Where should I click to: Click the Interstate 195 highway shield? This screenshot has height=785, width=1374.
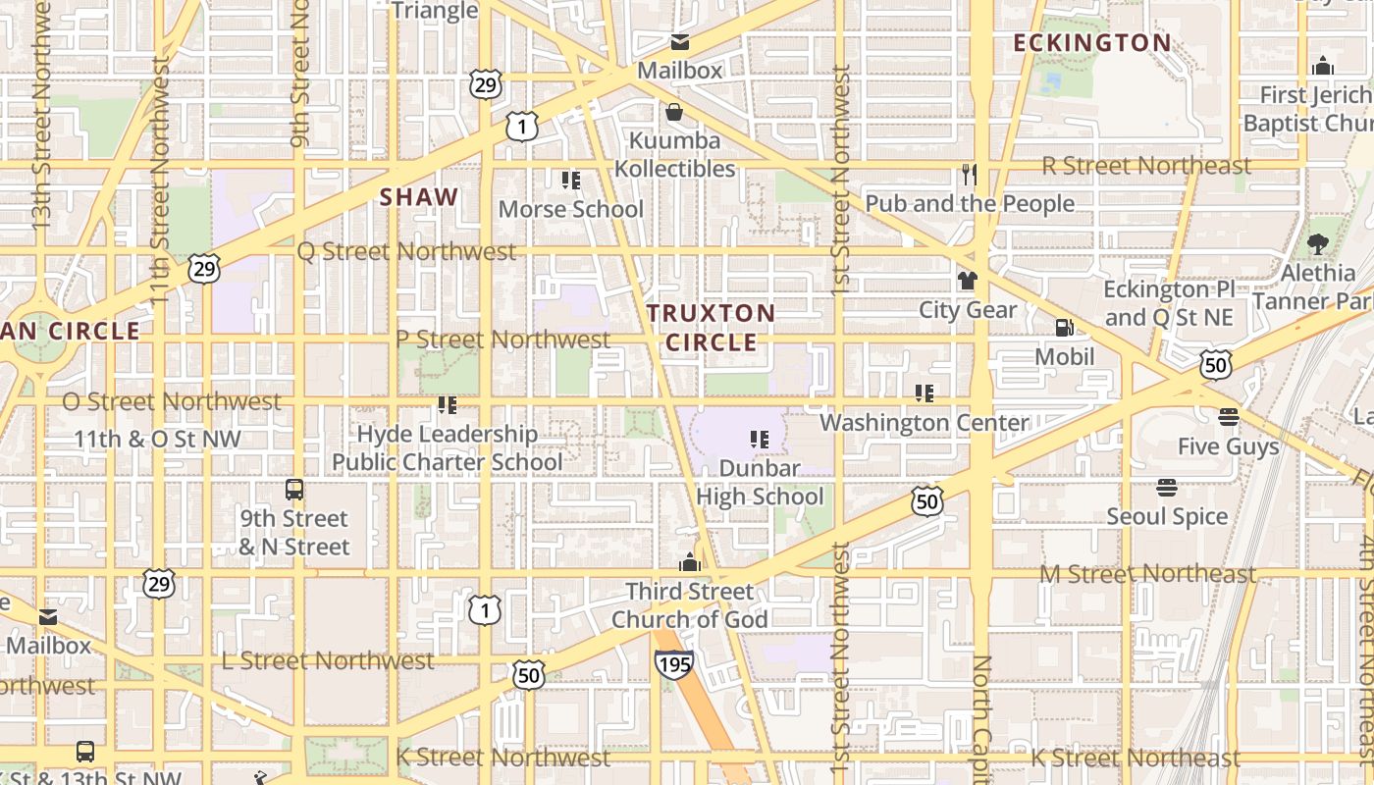tap(674, 664)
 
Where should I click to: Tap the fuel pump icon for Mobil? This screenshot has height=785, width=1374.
tap(1064, 328)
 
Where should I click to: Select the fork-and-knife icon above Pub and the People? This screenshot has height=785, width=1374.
tap(970, 175)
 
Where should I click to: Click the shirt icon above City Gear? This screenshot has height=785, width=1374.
tap(968, 281)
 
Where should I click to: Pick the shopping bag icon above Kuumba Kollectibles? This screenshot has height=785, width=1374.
tap(674, 112)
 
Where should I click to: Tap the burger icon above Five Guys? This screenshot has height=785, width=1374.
tap(1228, 417)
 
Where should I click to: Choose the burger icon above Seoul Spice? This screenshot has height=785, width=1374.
tap(1167, 488)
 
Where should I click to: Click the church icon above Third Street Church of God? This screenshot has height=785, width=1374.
tap(690, 562)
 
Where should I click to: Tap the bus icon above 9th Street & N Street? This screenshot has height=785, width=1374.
tap(293, 490)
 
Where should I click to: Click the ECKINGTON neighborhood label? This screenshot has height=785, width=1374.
tap(1091, 43)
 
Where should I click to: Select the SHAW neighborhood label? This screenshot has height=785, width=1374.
tap(419, 196)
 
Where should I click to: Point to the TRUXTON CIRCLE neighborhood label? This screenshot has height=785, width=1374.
tap(712, 328)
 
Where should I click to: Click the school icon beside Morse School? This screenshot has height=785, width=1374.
tap(570, 181)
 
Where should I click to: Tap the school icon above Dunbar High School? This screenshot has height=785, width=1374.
tap(759, 440)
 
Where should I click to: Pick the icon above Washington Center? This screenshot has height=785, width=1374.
tap(924, 393)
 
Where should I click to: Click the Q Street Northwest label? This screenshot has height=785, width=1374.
tap(406, 251)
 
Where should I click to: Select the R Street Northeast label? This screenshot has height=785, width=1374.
tap(1146, 165)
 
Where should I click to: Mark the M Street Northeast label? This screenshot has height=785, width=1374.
tap(1147, 573)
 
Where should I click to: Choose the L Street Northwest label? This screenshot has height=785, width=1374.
tap(327, 660)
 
